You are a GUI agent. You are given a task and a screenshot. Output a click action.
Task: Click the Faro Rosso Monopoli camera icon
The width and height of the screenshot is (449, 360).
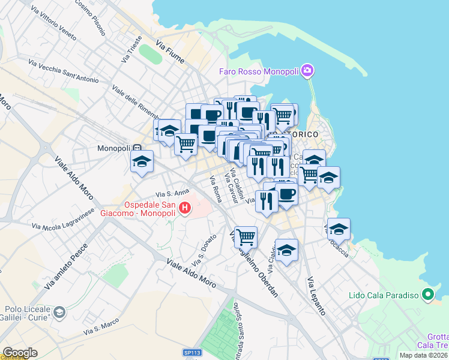click(307, 71)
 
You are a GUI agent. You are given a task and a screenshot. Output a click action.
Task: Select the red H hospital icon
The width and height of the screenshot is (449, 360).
click(185, 208)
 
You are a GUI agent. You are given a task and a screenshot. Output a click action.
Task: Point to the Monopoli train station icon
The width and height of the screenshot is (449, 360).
click(137, 148)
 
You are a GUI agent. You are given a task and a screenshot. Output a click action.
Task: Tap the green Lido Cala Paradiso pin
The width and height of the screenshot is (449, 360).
click(427, 295)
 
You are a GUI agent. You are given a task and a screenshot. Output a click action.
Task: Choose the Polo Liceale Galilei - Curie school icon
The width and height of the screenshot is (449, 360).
click(59, 312)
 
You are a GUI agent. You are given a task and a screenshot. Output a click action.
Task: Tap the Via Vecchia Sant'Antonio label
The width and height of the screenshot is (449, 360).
click(63, 70)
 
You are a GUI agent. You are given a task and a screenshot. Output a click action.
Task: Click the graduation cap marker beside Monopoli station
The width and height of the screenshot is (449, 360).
click(142, 161)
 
